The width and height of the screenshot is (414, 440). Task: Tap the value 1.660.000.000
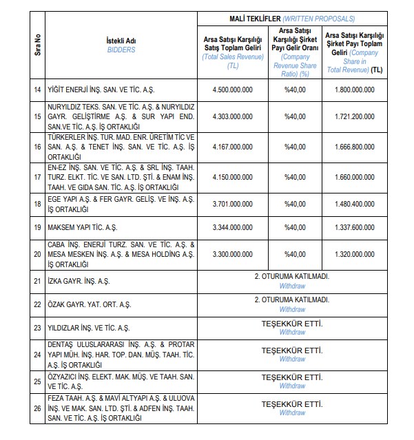[x=355, y=177]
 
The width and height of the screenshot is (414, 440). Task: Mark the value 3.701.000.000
[x=233, y=204]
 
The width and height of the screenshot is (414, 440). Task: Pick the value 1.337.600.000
[x=355, y=227]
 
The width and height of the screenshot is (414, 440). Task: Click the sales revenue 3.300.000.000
[x=233, y=254]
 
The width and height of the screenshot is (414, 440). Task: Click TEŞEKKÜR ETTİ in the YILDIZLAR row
[x=292, y=324]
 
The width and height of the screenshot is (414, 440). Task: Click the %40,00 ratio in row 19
[x=294, y=227]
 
